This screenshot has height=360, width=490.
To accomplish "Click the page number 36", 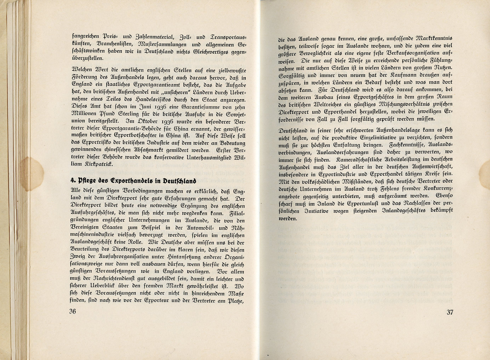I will click(x=72, y=312).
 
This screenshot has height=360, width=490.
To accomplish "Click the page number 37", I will click(x=450, y=312).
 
